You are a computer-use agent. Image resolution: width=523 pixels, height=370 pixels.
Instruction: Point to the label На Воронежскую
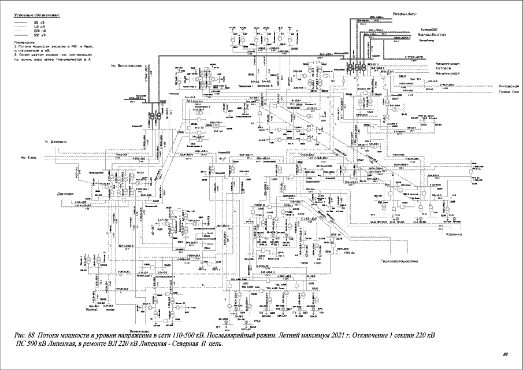click(127, 66)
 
